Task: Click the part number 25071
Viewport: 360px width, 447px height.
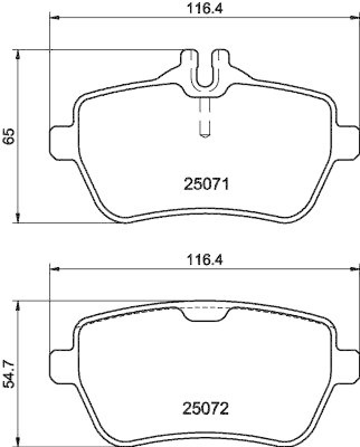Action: [206, 184]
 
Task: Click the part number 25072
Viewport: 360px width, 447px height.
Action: [206, 410]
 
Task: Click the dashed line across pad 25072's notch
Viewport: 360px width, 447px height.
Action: [205, 308]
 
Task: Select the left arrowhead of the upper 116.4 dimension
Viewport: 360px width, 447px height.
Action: [54, 18]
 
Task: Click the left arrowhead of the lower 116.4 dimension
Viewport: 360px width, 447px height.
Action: [54, 269]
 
